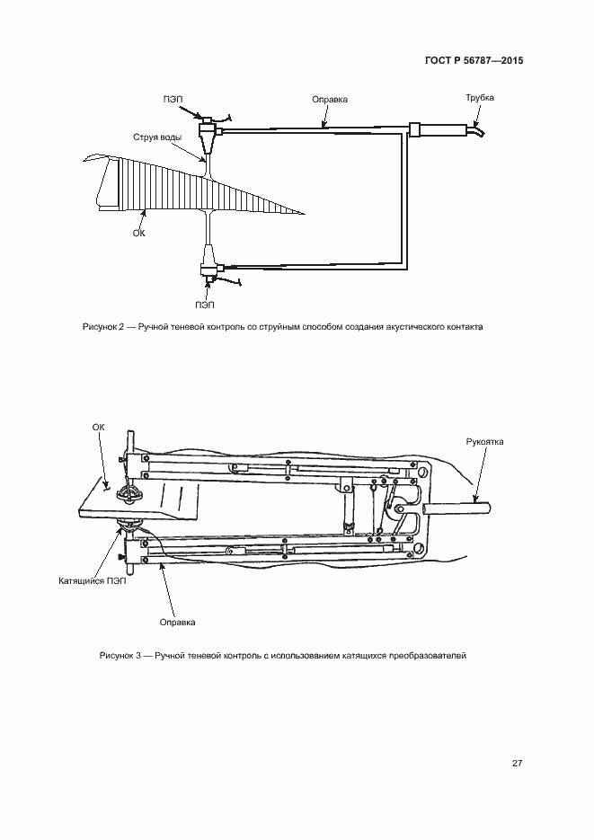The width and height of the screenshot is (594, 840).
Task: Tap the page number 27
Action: click(517, 764)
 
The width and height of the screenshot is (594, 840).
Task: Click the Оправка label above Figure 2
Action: click(329, 99)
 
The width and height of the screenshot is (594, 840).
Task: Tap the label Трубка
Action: click(479, 98)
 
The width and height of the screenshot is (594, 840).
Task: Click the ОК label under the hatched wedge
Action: click(138, 232)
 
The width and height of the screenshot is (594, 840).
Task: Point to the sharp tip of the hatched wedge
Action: click(303, 214)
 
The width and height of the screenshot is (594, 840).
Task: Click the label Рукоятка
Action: click(484, 442)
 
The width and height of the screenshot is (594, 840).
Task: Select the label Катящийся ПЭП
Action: click(91, 581)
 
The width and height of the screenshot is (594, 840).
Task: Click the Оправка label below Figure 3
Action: click(177, 622)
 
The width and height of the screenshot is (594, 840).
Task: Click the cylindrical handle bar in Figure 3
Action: click(459, 508)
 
